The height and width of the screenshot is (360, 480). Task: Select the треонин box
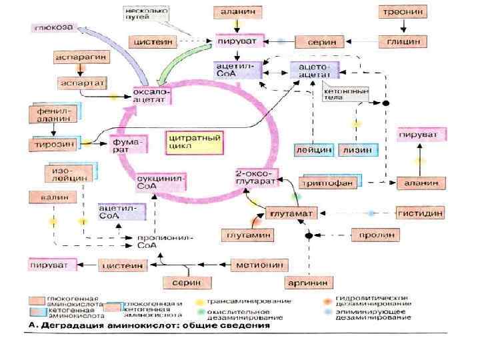pyautogui.click(x=402, y=12)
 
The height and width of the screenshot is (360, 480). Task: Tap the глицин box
pyautogui.click(x=402, y=41)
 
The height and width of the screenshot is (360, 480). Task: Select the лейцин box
pyautogui.click(x=314, y=150)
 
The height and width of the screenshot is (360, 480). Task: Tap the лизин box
pyautogui.click(x=358, y=150)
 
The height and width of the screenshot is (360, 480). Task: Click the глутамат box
pyautogui.click(x=291, y=213)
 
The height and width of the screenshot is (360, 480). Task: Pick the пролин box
pyautogui.click(x=375, y=235)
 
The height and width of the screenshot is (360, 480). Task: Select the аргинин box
pyautogui.click(x=307, y=283)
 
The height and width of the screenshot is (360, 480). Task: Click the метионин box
pyautogui.click(x=257, y=265)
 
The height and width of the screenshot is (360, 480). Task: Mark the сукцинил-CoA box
pyautogui.click(x=160, y=182)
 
